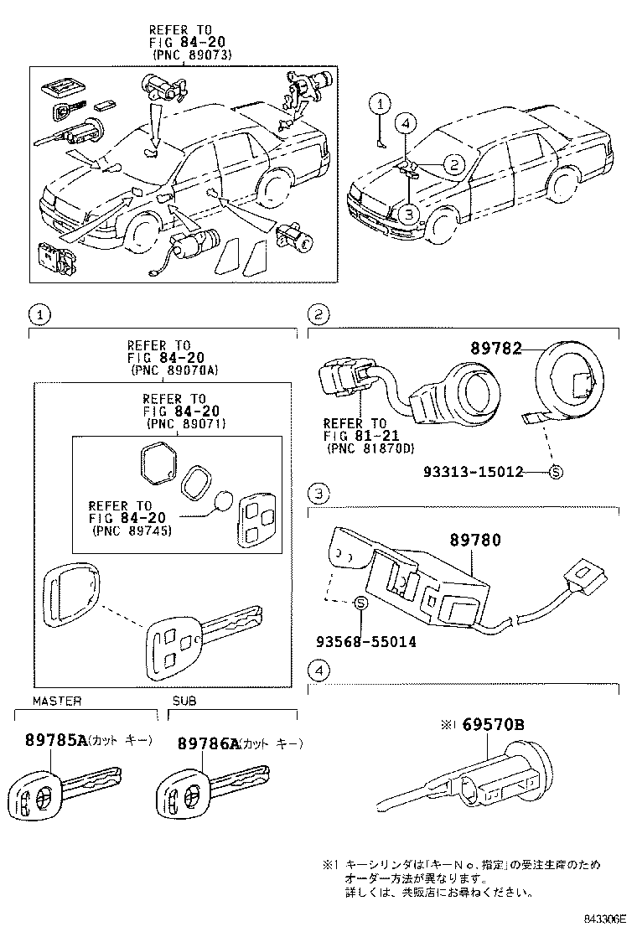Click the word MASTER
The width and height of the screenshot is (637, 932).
click(57, 701)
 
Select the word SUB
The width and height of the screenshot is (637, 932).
click(184, 701)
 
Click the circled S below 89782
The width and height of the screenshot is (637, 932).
click(555, 473)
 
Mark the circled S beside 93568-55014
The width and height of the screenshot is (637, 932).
click(360, 603)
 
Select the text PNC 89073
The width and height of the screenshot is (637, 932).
click(192, 55)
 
